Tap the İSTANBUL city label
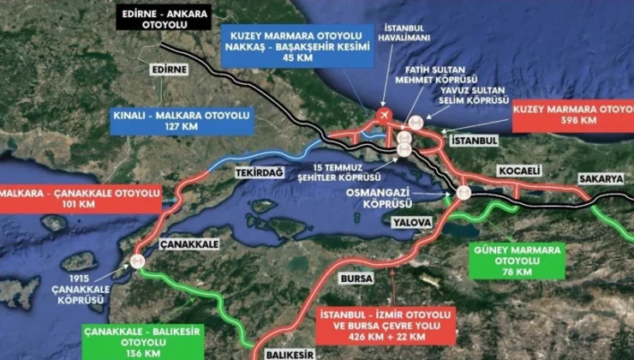coord(473,139)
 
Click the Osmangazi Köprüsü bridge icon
coord(464,193)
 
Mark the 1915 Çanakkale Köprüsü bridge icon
coord(136,262)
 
